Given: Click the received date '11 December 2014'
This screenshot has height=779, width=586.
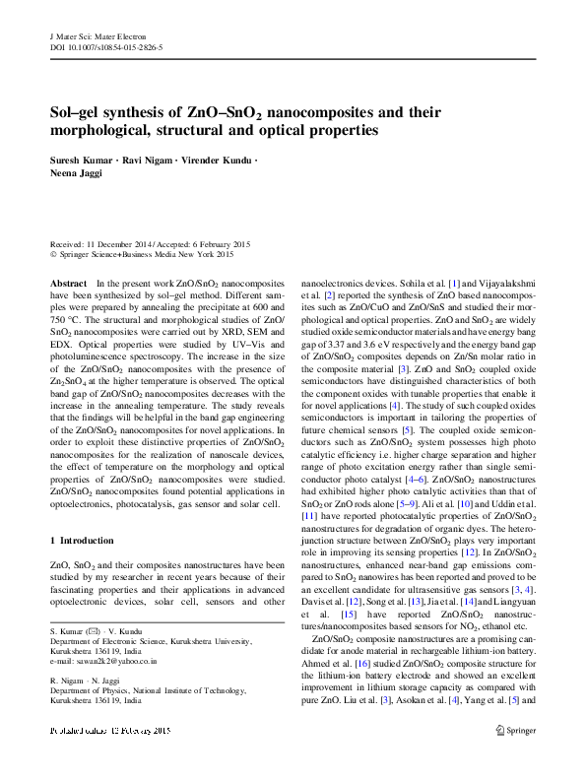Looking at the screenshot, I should pyautogui.click(x=115, y=244).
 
